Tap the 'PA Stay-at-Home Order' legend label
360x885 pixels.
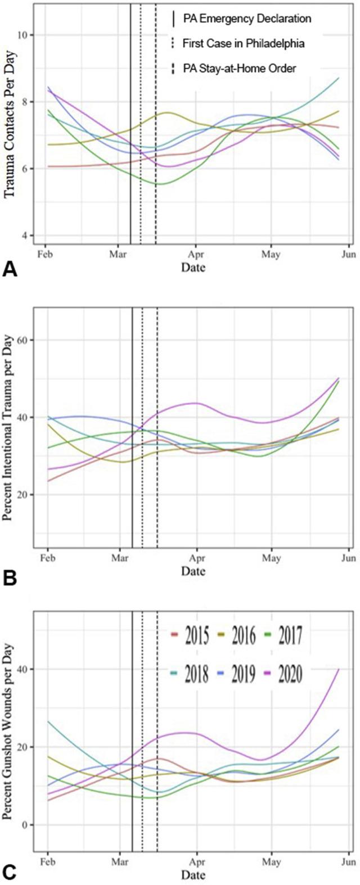click(x=240, y=68)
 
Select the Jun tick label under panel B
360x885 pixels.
click(x=348, y=559)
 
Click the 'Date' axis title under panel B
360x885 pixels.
click(x=193, y=571)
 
